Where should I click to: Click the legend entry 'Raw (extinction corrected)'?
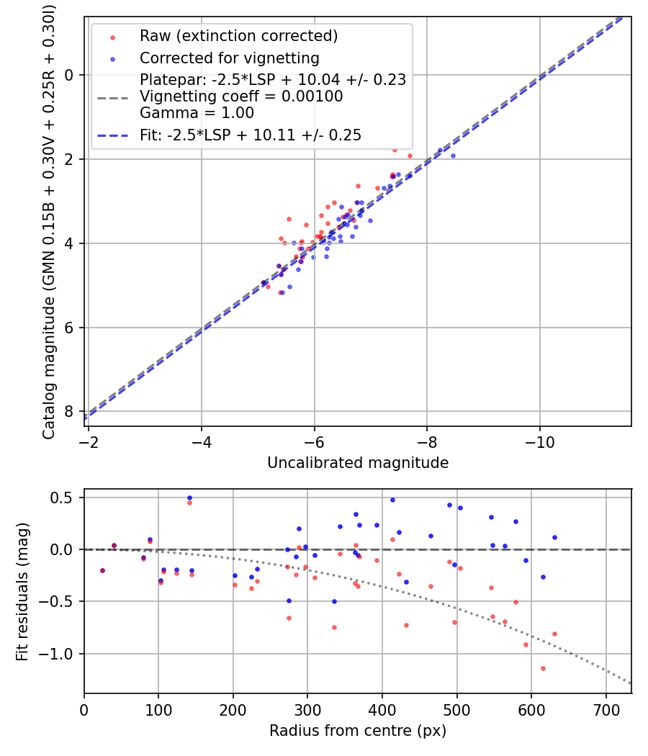point(238,36)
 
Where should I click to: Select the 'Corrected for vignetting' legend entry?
point(229,58)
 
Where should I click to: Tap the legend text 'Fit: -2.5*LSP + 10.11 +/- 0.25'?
point(250,135)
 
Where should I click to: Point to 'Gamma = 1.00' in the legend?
point(197,113)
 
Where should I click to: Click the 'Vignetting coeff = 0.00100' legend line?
point(241,96)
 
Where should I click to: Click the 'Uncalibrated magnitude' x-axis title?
point(358,463)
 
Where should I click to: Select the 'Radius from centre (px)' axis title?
point(358,731)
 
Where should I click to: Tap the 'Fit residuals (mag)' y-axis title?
point(22,592)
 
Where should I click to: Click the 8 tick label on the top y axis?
point(69,411)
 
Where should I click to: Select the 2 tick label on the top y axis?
point(69,159)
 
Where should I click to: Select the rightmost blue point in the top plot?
point(453,156)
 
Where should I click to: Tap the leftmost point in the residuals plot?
point(102,570)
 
